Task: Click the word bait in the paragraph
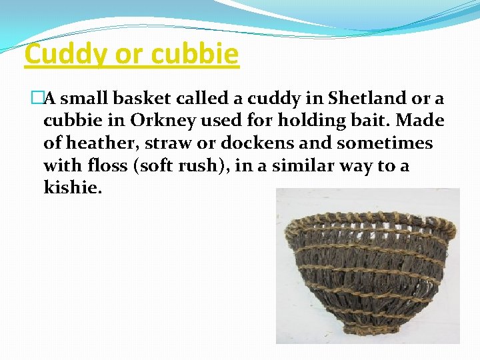[354, 121]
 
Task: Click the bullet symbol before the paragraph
[36, 99]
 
